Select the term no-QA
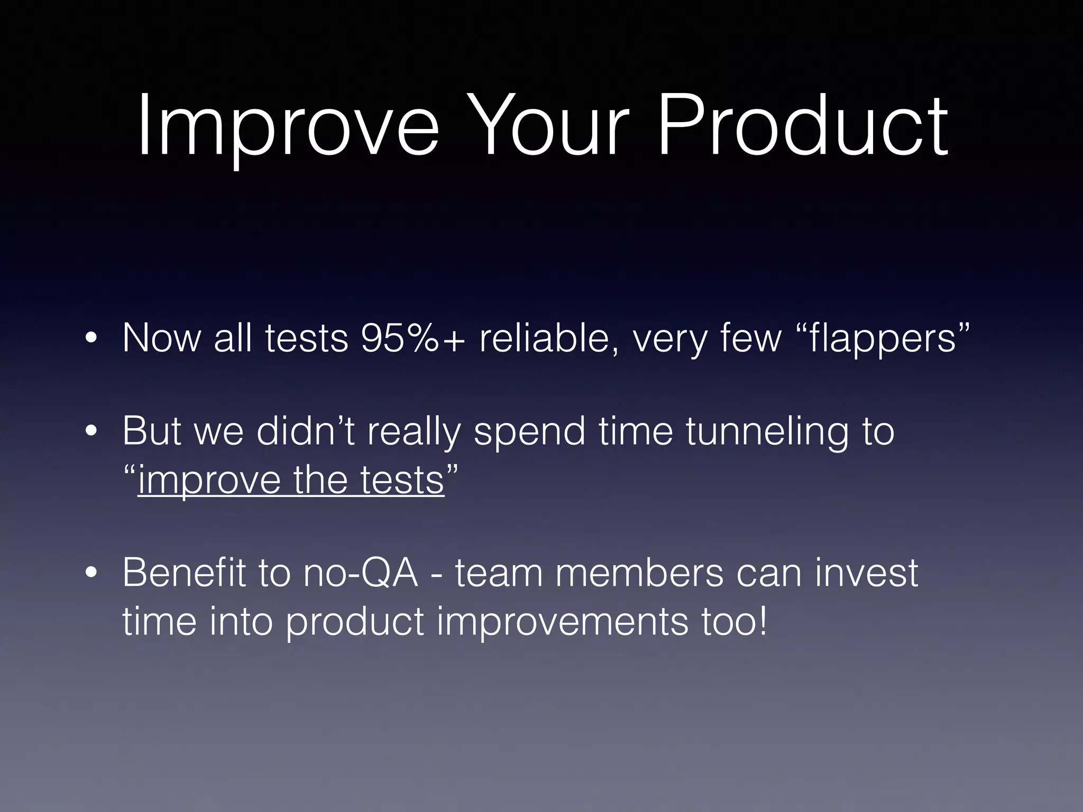pyautogui.click(x=360, y=573)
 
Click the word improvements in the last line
pyautogui.click(x=563, y=622)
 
